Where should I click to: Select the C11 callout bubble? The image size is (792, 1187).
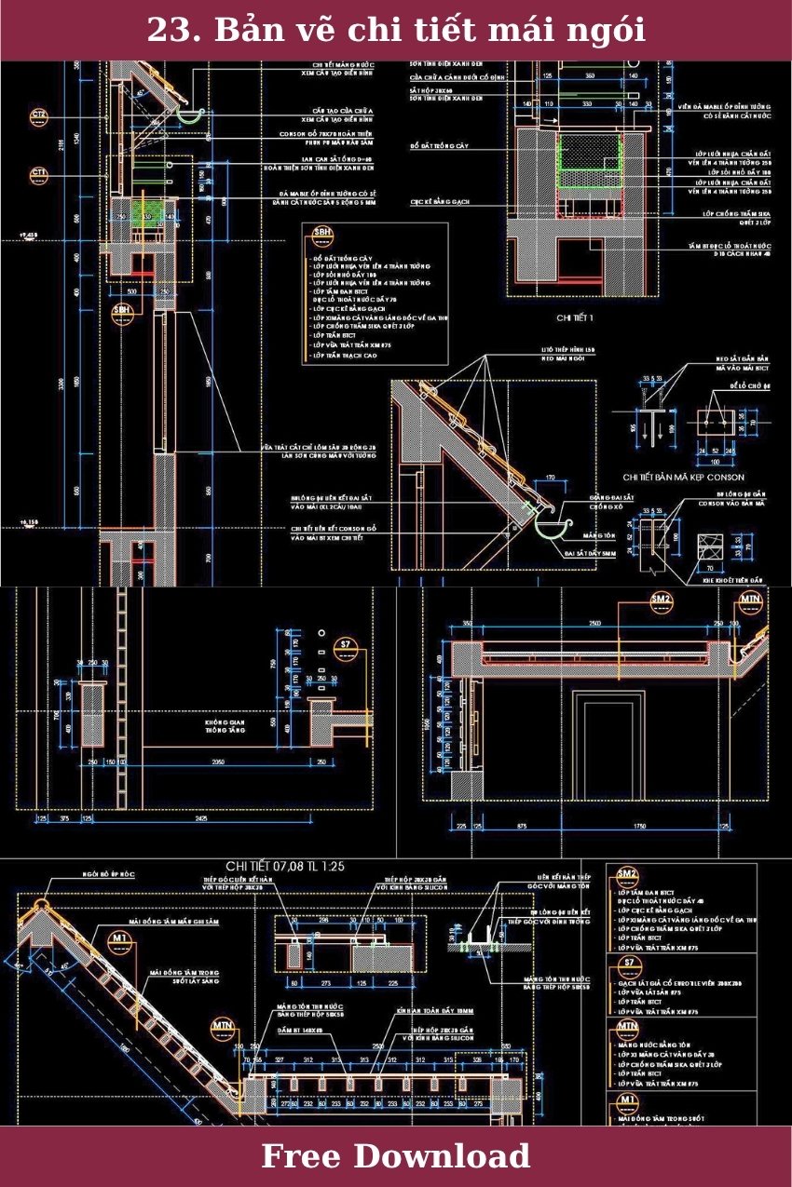click(x=39, y=174)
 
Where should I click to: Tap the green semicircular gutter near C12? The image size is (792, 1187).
click(x=190, y=115)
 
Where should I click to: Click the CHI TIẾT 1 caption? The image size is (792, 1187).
click(x=575, y=317)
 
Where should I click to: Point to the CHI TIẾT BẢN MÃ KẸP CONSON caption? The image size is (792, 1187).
click(x=683, y=477)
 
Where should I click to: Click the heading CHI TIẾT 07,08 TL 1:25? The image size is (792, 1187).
click(x=285, y=866)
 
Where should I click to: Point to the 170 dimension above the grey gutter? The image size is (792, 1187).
click(x=550, y=478)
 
